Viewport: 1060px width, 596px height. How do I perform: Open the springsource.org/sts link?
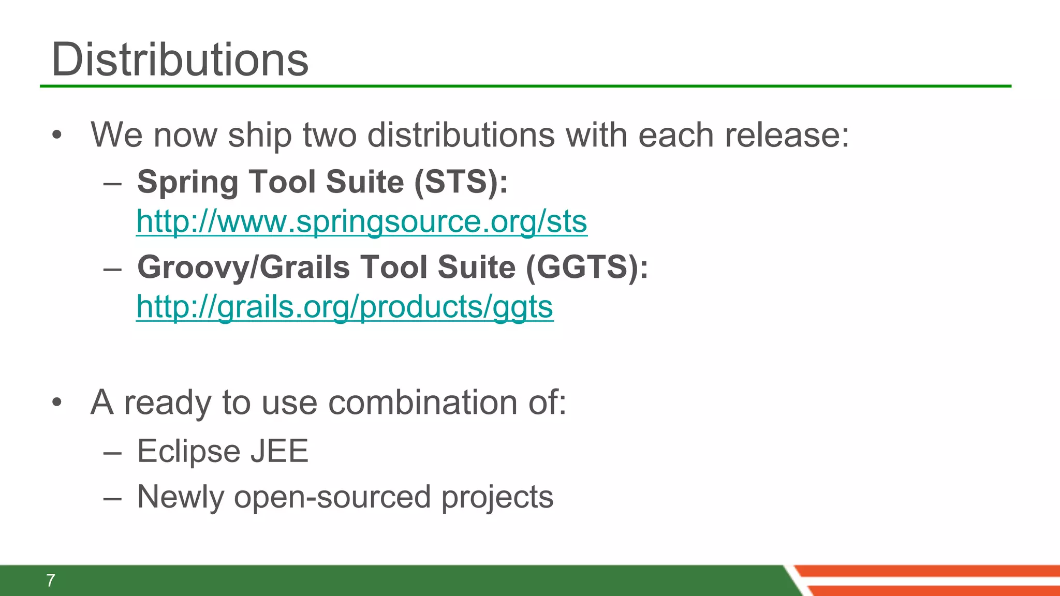[361, 221]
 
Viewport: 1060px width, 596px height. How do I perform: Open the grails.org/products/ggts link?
[345, 307]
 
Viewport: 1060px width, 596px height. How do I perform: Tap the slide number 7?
[50, 580]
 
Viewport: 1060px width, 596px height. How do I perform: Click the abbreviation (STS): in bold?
[461, 182]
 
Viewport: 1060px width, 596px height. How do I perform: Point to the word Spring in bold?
[187, 182]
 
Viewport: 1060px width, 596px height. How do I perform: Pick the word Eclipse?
[188, 451]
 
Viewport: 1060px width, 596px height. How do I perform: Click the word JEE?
[279, 451]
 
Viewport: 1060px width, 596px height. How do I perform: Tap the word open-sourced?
[332, 497]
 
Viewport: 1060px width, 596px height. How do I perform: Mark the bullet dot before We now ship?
[57, 136]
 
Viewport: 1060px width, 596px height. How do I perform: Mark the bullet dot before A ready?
[57, 403]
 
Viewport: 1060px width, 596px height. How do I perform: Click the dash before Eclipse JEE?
[112, 452]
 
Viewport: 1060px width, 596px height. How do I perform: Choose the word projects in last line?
[497, 497]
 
